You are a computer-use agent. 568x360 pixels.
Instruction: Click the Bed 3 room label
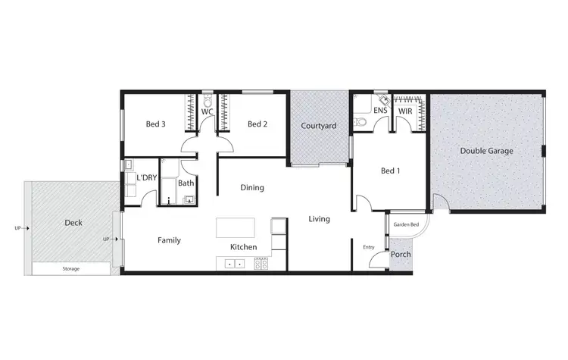pos(155,124)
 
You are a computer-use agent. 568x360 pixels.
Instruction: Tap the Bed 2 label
pos(258,124)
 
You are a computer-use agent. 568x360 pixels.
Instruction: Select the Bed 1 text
pos(389,171)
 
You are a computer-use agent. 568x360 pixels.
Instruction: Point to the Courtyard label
pos(318,125)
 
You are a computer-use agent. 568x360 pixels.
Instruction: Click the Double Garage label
pos(486,151)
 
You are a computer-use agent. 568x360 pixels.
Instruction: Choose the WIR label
pos(406,111)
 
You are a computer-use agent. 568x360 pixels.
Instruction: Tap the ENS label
pos(380,111)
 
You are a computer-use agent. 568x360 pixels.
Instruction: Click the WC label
pos(206,111)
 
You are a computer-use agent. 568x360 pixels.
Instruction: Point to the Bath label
pos(186,183)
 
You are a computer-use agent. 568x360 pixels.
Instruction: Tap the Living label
pos(319,219)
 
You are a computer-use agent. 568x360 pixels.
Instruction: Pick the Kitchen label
pos(243,247)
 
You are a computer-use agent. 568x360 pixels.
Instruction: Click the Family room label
pos(169,239)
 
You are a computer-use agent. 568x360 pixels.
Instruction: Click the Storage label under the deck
pos(70,269)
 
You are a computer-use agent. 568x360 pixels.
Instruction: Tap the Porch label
pos(400,254)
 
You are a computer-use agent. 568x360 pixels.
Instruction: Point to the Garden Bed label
pos(406,225)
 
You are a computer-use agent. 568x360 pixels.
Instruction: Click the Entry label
pos(369,247)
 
